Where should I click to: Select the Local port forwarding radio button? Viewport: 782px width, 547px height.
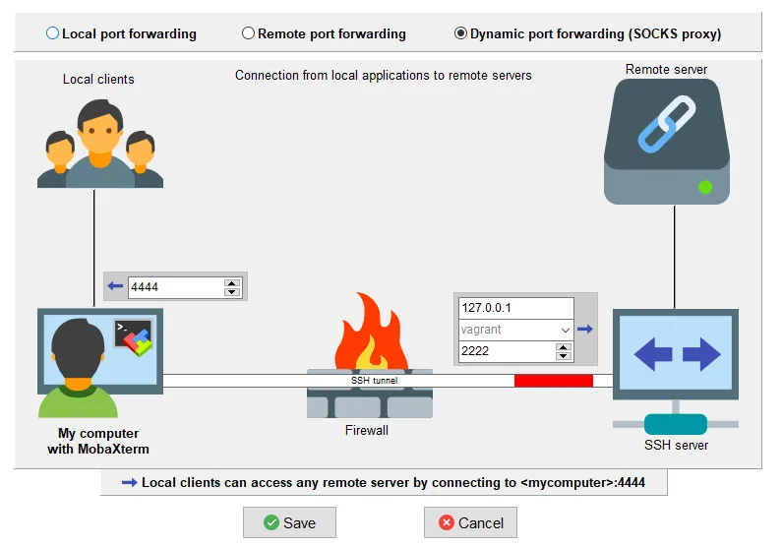(x=52, y=33)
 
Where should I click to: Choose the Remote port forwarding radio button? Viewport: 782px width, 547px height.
(x=248, y=33)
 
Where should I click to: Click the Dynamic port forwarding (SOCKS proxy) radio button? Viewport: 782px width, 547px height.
(x=460, y=33)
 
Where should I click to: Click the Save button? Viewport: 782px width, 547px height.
(x=289, y=522)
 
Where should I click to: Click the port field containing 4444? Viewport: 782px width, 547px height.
(x=175, y=287)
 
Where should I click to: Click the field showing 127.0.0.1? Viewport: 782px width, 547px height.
(x=514, y=308)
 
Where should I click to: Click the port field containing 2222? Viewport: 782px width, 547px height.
(x=507, y=351)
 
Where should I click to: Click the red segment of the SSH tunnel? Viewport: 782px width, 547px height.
(x=554, y=381)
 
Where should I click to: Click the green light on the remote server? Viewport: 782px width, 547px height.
(x=704, y=186)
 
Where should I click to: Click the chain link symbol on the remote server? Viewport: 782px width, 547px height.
(x=667, y=124)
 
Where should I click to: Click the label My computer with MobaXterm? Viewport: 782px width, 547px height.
(x=98, y=441)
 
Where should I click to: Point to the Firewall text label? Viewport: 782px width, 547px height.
(x=367, y=430)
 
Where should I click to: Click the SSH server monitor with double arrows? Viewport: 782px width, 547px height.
(x=673, y=354)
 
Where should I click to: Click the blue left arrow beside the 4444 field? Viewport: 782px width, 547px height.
(x=116, y=287)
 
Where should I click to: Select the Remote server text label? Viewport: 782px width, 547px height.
(x=666, y=69)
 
